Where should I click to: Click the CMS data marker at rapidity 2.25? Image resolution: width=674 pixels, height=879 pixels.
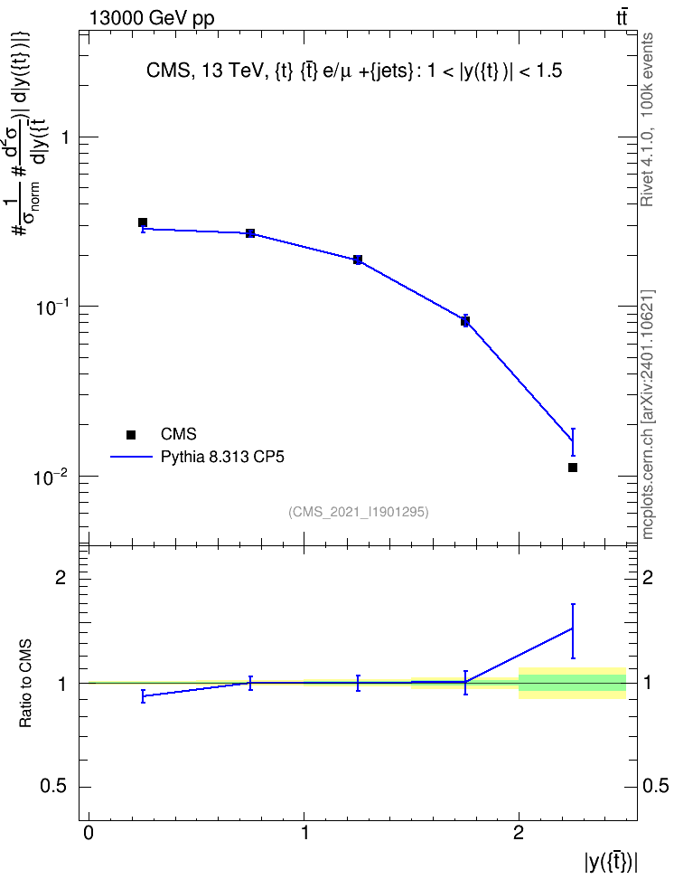tap(573, 468)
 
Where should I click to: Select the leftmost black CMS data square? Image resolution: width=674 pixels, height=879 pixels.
tap(143, 222)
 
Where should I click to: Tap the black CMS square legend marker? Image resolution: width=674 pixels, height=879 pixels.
tap(131, 434)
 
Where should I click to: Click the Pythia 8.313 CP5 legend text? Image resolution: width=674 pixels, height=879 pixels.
tap(222, 458)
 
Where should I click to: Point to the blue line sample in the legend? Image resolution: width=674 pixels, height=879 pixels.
tap(132, 457)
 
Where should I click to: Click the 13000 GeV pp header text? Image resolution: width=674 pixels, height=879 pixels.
tap(152, 18)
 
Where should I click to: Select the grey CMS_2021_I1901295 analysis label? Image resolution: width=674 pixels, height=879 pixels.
tap(359, 512)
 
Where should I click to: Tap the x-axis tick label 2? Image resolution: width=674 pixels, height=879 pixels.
tap(519, 833)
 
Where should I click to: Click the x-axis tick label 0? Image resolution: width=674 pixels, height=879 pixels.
tap(89, 833)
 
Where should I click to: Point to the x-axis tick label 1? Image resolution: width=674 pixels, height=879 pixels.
tap(304, 833)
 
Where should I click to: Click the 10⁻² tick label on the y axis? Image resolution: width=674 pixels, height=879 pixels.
tap(51, 477)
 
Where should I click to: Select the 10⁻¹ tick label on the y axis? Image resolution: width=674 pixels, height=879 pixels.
tap(51, 307)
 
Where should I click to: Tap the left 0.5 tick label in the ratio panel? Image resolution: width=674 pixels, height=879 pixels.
tap(53, 787)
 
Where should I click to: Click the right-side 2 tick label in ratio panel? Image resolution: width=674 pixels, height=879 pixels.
tap(648, 577)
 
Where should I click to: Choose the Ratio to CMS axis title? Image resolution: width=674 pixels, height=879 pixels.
tap(25, 684)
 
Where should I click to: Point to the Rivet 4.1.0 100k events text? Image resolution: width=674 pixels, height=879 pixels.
tap(647, 120)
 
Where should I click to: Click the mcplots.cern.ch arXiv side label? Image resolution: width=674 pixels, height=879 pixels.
tap(648, 415)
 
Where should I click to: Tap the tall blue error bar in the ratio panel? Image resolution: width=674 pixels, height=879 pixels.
tap(573, 631)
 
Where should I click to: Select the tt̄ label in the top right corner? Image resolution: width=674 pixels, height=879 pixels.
tap(622, 17)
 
